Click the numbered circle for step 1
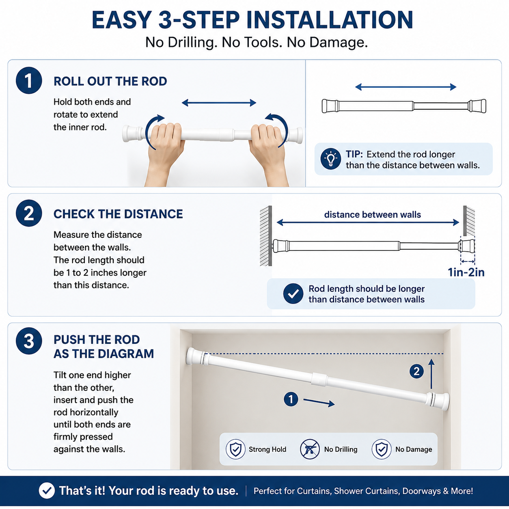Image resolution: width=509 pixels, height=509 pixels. pos(29,80)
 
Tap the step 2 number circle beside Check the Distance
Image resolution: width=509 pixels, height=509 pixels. pos(29,214)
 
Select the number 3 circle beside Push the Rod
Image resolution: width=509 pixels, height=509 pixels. pos(29,341)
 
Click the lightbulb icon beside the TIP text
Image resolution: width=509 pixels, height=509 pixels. pos(330,159)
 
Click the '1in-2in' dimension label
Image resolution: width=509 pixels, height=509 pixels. pos(466,272)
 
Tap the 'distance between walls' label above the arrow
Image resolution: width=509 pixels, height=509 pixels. pos(373,214)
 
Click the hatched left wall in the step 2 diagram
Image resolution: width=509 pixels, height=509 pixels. pos(266,235)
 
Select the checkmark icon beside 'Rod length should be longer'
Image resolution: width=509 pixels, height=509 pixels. pos(293,293)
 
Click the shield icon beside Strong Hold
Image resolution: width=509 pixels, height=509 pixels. pos(235,449)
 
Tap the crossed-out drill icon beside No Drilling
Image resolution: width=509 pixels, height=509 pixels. pos(310,449)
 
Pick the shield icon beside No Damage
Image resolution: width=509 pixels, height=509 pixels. pos(382,449)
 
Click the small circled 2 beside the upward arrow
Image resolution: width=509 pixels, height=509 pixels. pos(416,371)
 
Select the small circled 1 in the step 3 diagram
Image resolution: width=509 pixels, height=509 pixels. pos(291,399)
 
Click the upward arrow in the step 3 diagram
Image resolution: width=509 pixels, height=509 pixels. pos(431,374)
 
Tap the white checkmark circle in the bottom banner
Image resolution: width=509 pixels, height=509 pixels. pos(47,490)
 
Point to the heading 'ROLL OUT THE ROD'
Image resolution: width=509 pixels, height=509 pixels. pos(110,81)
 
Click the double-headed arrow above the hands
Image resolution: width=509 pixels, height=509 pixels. pos(219,103)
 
